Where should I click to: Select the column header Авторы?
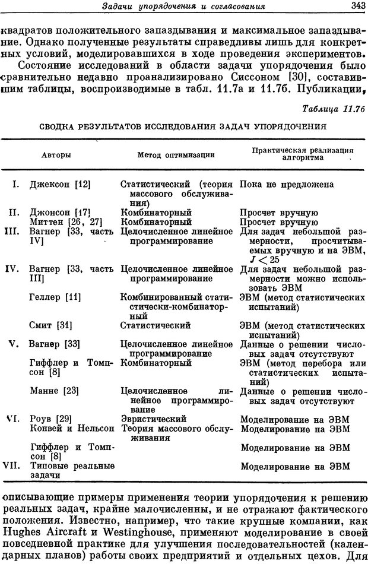coord(56,154)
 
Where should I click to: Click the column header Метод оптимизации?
coord(176,154)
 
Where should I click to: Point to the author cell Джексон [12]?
coord(59,185)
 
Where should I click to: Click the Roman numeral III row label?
coord(13,232)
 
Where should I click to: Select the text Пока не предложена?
coord(287,185)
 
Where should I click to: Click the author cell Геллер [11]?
coord(53,296)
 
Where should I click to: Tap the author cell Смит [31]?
coord(50,325)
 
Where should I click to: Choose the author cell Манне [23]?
coord(53,391)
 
